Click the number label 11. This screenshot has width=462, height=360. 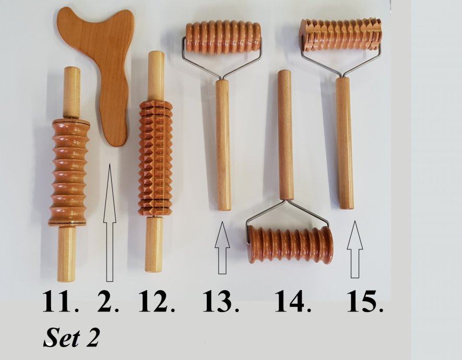coord(61,301)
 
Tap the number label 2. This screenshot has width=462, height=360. coord(108,301)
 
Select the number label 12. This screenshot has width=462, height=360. coord(157,301)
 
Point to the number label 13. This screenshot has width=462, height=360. coord(221,301)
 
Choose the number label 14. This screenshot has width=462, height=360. coord(293,301)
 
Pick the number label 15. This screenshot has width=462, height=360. coord(365,301)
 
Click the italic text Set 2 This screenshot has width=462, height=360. coord(72,338)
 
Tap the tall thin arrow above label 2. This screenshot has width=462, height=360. coord(109,223)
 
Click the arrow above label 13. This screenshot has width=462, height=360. coord(222,248)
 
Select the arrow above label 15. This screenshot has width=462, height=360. coord(355,249)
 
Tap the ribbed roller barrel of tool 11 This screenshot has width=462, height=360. coord(69,172)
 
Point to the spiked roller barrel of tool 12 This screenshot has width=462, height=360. coord(156,158)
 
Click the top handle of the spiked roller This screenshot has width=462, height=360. coord(156,76)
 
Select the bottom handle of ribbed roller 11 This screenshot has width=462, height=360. coord(66,254)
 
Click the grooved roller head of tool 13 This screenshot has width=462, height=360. coord(223,37)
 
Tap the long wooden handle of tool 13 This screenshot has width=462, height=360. coord(223,145)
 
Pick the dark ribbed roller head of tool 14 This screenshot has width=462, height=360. coord(291,245)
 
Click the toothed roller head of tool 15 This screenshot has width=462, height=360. coord(340,34)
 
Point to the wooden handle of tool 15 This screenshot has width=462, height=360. coord(345,143)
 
